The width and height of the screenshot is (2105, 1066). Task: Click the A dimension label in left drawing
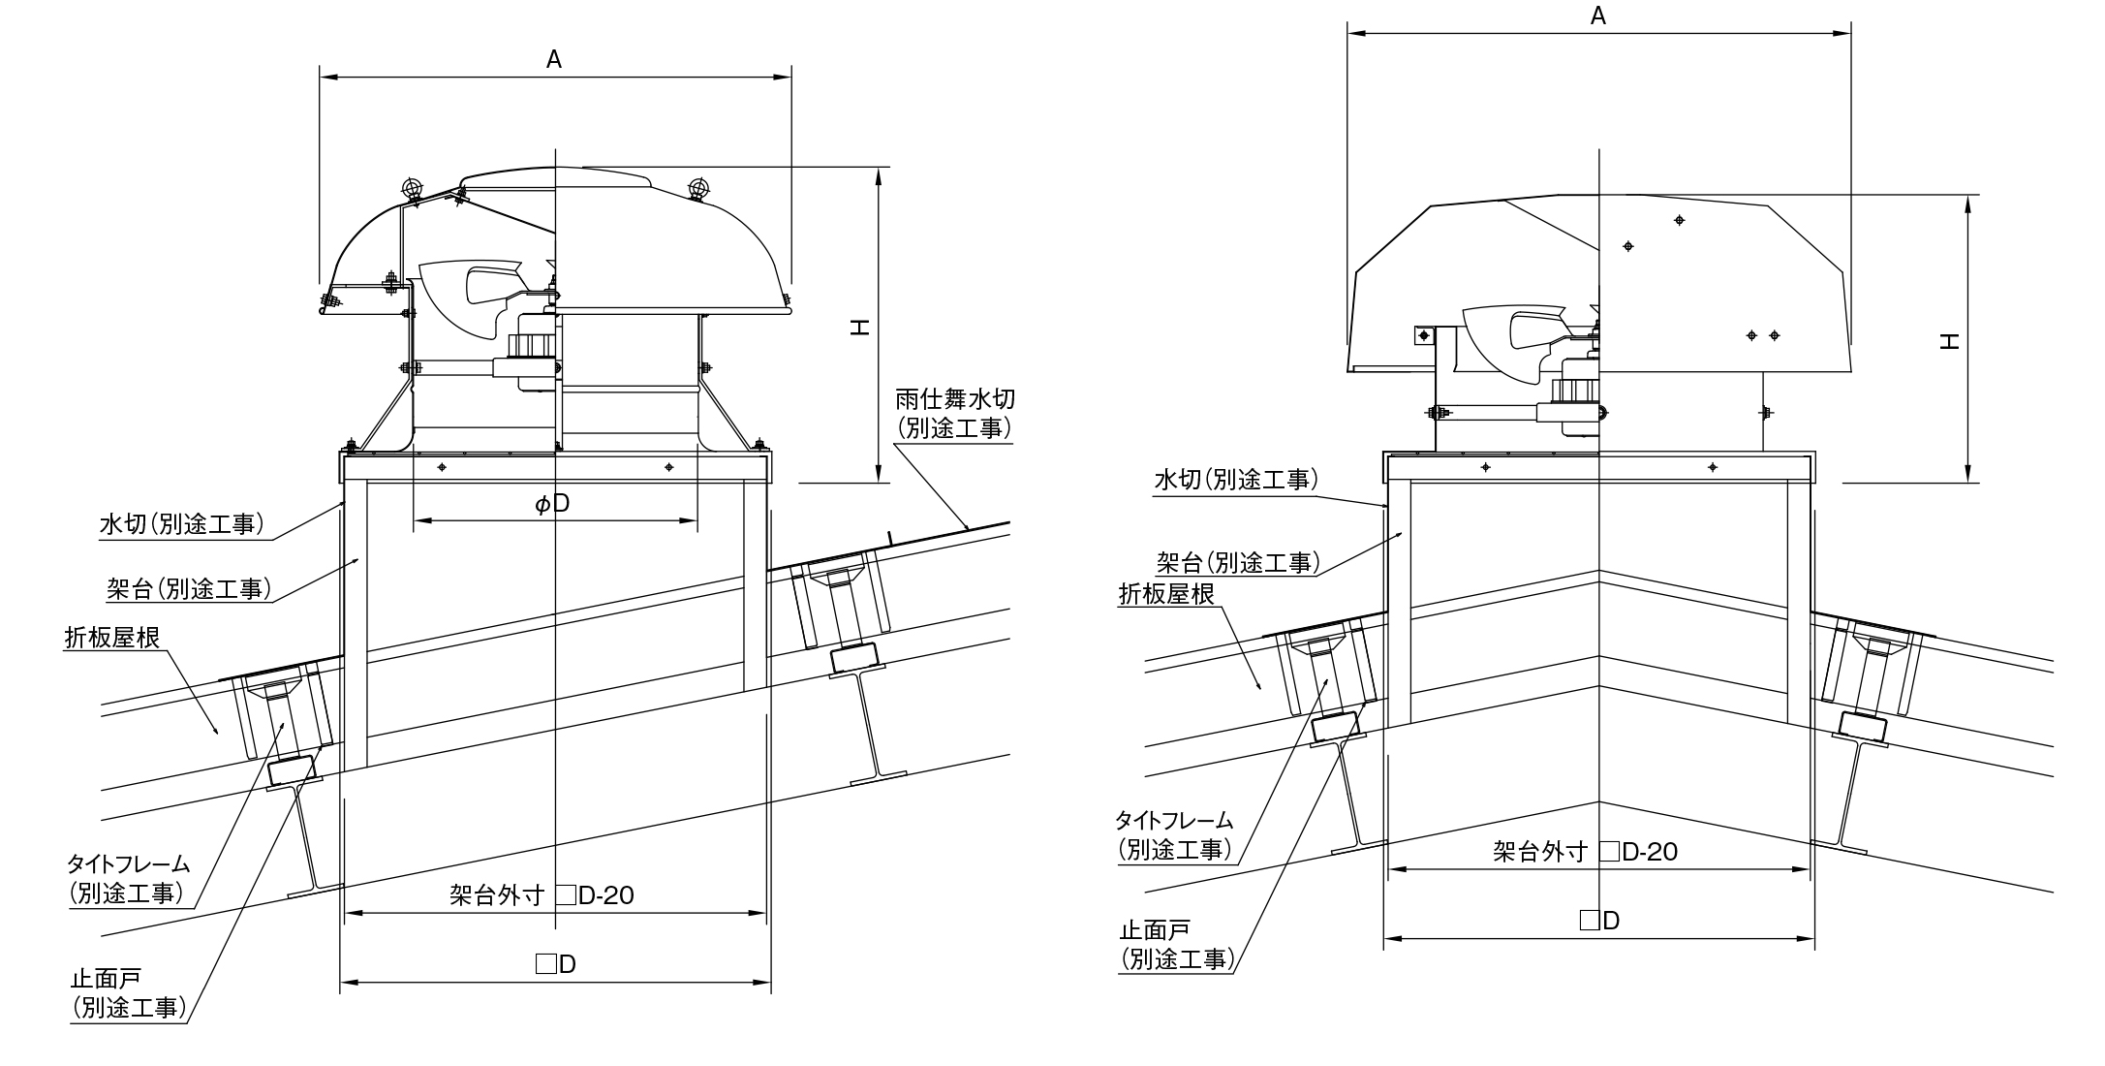(554, 60)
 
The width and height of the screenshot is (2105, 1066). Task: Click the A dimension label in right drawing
(1598, 16)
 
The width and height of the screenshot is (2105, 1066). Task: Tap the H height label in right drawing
(1950, 340)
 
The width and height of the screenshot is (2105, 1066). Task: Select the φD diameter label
(552, 503)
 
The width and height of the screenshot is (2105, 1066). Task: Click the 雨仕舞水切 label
(954, 399)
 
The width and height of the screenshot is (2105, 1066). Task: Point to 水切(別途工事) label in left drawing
(181, 524)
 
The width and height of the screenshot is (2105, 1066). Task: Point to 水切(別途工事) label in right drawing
(1235, 480)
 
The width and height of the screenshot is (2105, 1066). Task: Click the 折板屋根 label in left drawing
(112, 638)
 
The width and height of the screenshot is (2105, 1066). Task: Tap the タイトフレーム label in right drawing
(1174, 821)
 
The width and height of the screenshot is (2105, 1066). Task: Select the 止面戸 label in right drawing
(1154, 931)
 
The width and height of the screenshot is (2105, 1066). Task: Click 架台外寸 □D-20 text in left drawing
(542, 895)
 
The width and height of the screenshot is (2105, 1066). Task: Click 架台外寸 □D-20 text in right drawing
(1586, 852)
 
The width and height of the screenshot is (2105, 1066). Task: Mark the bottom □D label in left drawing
(556, 964)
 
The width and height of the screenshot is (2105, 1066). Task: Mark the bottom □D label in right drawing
(1599, 921)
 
